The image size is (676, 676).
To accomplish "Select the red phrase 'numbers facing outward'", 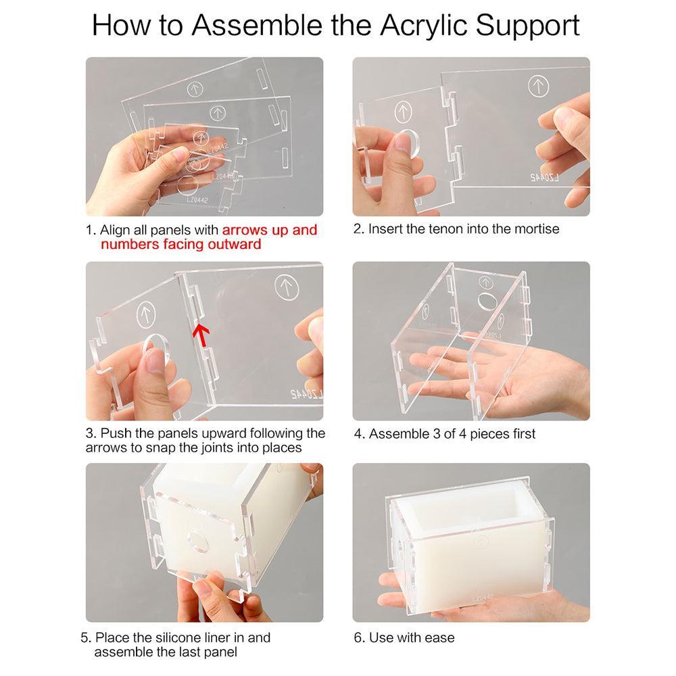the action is pyautogui.click(x=180, y=245).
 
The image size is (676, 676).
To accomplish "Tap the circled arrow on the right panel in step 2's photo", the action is pyautogui.click(x=539, y=87).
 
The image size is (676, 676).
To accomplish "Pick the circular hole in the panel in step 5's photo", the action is pyautogui.click(x=198, y=542).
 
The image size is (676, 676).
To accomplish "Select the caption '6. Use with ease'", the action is pyautogui.click(x=404, y=637).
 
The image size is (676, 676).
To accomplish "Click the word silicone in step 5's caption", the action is pyautogui.click(x=179, y=637).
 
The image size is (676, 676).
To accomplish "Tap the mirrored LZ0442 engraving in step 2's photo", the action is pyautogui.click(x=545, y=177).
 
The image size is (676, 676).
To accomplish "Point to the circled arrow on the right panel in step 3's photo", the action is pyautogui.click(x=287, y=287).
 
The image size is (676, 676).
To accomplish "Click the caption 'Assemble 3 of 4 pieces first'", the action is pyautogui.click(x=452, y=434).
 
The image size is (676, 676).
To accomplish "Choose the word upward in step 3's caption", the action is pyautogui.click(x=223, y=433).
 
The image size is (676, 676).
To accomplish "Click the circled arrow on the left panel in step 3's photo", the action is pyautogui.click(x=146, y=314).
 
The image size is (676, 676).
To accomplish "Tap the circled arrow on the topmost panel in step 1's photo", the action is pyautogui.click(x=195, y=90).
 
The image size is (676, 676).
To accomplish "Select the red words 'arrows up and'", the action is pyautogui.click(x=270, y=231).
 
